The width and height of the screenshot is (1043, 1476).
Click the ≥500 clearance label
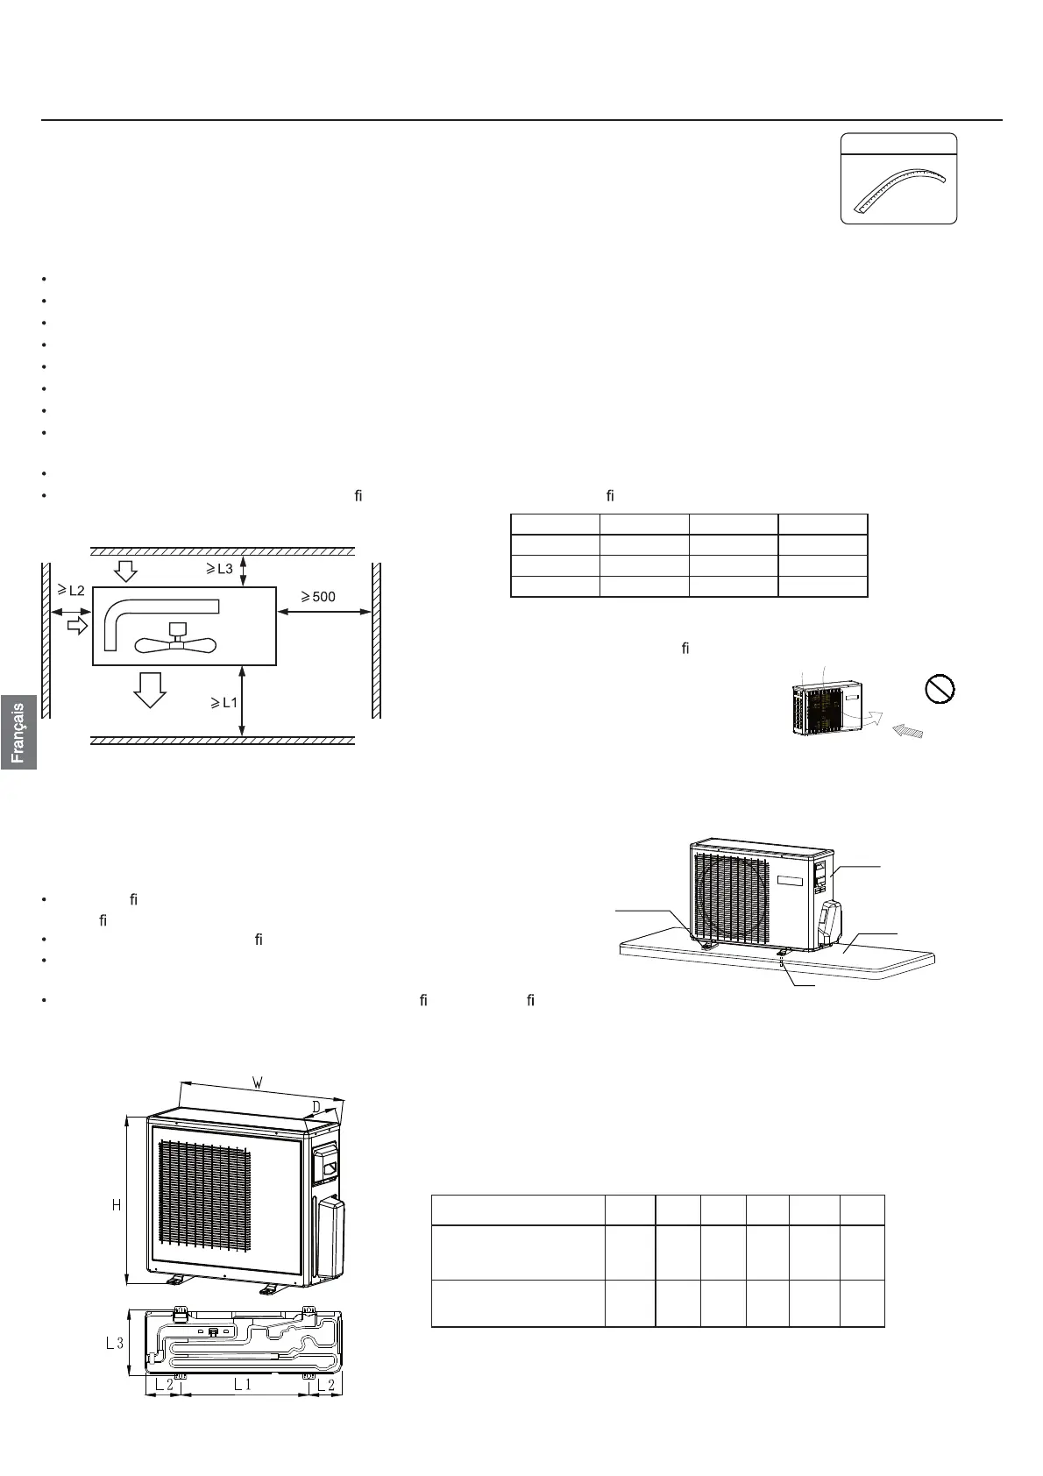pyautogui.click(x=318, y=598)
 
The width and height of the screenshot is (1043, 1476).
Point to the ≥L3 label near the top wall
pyautogui.click(x=219, y=568)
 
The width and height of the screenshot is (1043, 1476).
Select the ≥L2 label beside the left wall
pyautogui.click(x=70, y=591)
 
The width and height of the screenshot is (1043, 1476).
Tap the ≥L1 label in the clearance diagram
pyautogui.click(x=223, y=702)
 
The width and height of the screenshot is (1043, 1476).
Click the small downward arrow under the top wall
pyautogui.click(x=126, y=571)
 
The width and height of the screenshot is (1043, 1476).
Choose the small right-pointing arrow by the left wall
pyautogui.click(x=77, y=625)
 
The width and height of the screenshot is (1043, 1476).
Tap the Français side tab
pyautogui.click(x=18, y=732)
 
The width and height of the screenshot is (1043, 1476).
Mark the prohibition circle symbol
pyautogui.click(x=940, y=689)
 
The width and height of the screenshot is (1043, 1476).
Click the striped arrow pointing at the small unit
pyautogui.click(x=907, y=732)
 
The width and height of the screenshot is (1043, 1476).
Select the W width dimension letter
pyautogui.click(x=257, y=1082)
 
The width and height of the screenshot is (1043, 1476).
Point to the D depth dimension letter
pyautogui.click(x=315, y=1108)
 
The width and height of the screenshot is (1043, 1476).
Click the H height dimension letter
pyautogui.click(x=116, y=1206)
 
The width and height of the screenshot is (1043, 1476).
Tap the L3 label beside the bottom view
pyautogui.click(x=115, y=1342)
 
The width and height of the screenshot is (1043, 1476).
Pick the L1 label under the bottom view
pyautogui.click(x=242, y=1385)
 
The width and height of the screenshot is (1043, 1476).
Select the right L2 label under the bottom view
pyautogui.click(x=325, y=1385)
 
